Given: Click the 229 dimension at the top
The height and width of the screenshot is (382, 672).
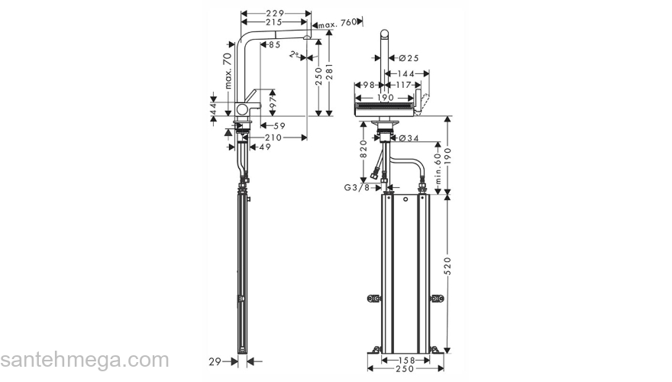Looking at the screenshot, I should click(276, 13).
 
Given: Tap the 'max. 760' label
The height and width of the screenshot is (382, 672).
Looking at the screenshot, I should click(338, 24).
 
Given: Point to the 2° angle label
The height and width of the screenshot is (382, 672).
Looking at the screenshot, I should click(294, 55).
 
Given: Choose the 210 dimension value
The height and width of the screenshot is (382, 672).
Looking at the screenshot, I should click(273, 138).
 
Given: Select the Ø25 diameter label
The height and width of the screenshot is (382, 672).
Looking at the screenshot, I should click(409, 58).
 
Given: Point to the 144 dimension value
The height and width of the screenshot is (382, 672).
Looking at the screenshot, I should click(405, 73).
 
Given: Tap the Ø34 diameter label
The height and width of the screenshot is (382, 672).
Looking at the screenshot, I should click(409, 138).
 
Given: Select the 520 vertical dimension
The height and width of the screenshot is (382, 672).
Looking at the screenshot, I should click(448, 265).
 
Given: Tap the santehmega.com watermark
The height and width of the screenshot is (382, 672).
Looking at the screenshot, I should click(84, 360).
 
